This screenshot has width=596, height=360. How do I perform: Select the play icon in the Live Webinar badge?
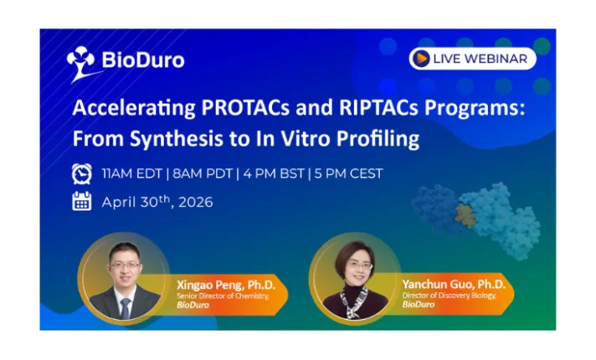[x=421, y=59]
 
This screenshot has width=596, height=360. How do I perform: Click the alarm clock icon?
[x=82, y=174]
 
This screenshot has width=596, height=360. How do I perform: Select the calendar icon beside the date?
[x=82, y=202]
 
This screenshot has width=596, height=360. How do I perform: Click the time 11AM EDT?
[x=131, y=174]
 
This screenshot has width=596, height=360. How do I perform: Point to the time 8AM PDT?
[x=202, y=174]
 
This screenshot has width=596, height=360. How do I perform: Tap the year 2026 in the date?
[x=193, y=202]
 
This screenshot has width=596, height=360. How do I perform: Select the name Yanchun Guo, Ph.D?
[x=448, y=282]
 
